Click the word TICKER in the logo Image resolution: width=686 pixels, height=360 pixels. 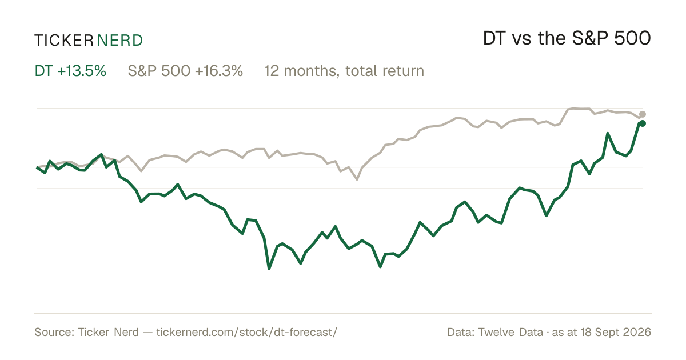pyautogui.click(x=64, y=41)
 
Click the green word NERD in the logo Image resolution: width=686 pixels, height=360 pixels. pyautogui.click(x=119, y=41)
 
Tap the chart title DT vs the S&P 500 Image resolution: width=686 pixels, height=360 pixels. pyautogui.click(x=567, y=38)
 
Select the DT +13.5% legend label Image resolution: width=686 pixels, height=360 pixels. pyautogui.click(x=70, y=71)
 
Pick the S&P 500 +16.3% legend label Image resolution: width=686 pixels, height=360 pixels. pyautogui.click(x=185, y=71)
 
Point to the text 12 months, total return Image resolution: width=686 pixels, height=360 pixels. pyautogui.click(x=344, y=71)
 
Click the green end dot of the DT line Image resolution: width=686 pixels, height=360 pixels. pyautogui.click(x=643, y=123)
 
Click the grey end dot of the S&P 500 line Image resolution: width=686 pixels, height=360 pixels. pyautogui.click(x=643, y=114)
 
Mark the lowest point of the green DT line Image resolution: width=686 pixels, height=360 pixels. pyautogui.click(x=269, y=269)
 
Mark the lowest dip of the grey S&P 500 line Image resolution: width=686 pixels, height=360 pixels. pyautogui.click(x=357, y=179)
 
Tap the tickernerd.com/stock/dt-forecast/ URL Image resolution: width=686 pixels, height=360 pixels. pyautogui.click(x=247, y=332)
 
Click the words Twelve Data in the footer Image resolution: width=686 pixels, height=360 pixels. pyautogui.click(x=510, y=332)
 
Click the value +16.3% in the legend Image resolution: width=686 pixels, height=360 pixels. pyautogui.click(x=218, y=71)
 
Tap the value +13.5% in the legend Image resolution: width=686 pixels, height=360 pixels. pyautogui.click(x=82, y=71)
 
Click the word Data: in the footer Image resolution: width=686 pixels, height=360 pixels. pyautogui.click(x=461, y=332)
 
